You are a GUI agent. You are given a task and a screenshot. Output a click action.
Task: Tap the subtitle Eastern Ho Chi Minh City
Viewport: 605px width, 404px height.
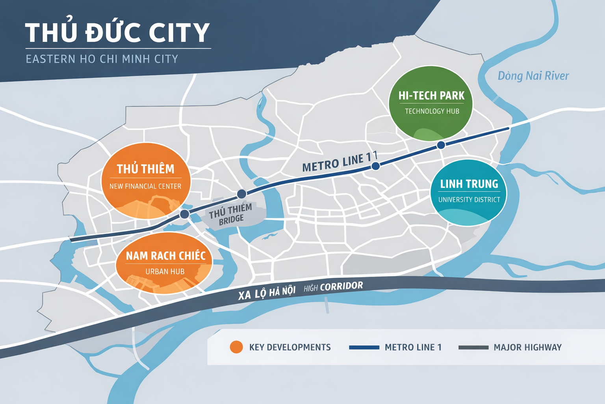pos(102,59)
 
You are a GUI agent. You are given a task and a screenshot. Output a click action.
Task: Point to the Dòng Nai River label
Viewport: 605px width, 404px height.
pos(533,76)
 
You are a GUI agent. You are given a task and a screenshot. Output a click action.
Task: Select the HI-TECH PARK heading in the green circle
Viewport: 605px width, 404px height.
pos(431,96)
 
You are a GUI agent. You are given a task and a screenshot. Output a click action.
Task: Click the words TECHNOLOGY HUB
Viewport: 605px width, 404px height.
pos(432,111)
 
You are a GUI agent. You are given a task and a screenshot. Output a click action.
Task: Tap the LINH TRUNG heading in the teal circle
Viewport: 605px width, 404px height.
pos(469,184)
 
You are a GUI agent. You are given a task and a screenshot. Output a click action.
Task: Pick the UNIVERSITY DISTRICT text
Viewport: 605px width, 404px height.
pos(469,200)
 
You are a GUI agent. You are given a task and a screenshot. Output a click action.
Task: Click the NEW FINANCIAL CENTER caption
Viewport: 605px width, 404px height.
pos(145,186)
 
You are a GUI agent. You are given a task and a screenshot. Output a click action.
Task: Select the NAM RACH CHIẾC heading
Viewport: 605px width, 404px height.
pos(165,256)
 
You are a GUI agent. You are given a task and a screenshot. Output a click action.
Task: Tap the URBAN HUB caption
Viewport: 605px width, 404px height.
pos(165,271)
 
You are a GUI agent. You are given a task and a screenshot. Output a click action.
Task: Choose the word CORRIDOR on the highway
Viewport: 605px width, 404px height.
pos(341,286)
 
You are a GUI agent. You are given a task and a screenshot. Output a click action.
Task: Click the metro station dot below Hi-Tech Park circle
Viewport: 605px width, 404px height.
pos(441,145)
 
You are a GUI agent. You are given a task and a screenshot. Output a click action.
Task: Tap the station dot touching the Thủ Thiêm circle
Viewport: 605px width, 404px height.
pos(184,214)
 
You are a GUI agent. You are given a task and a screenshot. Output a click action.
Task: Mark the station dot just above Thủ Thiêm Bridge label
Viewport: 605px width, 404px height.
pos(241,194)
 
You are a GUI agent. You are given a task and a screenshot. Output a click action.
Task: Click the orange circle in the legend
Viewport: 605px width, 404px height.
pos(236,347)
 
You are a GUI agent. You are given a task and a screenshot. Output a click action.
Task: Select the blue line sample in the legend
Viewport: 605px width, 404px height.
pos(364,348)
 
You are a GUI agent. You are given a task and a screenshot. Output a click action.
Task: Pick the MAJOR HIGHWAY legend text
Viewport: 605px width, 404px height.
pos(527,348)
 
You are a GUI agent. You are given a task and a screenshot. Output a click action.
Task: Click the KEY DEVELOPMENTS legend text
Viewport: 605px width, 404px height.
pos(290,348)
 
